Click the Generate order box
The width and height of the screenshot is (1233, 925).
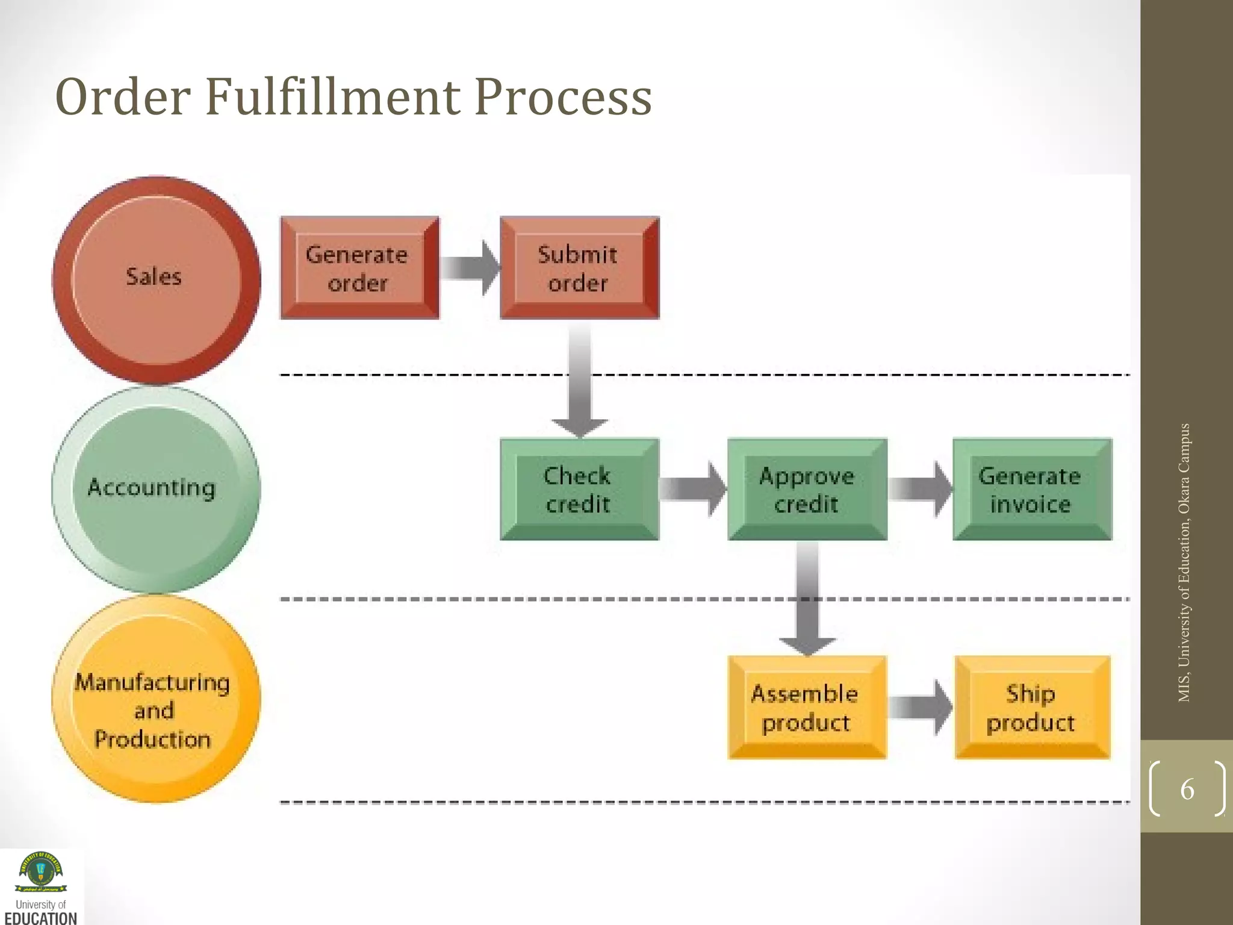[x=359, y=268]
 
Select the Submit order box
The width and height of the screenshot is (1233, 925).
[x=579, y=268]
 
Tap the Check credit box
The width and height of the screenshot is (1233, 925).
[x=579, y=489]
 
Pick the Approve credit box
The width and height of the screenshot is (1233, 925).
[x=807, y=489]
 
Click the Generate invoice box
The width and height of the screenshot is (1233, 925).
[x=1032, y=489]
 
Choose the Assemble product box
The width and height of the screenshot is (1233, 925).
[x=807, y=708]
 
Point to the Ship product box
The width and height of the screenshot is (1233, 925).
[x=1032, y=708]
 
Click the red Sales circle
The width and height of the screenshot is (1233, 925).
[x=156, y=280]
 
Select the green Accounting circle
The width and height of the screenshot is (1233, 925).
[x=156, y=489]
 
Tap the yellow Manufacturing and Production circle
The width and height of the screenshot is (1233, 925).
[x=156, y=699]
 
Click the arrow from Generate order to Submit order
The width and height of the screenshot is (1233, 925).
[x=470, y=268]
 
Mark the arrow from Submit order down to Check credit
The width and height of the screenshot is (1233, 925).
[x=579, y=379]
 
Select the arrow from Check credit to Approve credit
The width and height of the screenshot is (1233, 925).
[x=692, y=489]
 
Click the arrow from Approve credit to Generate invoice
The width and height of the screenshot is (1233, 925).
[x=920, y=489]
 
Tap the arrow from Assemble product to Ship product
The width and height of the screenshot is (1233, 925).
[x=920, y=708]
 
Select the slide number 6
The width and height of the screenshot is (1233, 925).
[x=1187, y=789]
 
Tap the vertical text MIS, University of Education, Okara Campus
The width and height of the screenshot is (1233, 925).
[x=1184, y=563]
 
